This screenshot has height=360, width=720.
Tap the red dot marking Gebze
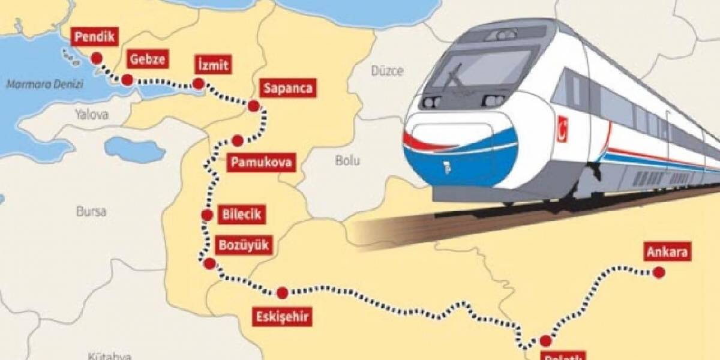[127, 80]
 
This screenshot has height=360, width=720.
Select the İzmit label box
[212, 65]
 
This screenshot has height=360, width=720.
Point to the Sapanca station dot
[253, 107]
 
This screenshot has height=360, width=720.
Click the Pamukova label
[262, 162]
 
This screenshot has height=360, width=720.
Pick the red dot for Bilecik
[208, 215]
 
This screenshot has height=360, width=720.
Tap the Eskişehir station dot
[282, 293]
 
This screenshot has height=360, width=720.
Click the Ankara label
[667, 252]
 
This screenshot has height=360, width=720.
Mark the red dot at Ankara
[659, 273]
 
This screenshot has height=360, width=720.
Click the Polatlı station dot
[545, 341]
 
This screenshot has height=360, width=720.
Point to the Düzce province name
[386, 71]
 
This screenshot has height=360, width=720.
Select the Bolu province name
[347, 160]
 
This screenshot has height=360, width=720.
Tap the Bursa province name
[91, 211]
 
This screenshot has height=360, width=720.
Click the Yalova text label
[91, 113]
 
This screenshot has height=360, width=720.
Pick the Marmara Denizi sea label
[36, 85]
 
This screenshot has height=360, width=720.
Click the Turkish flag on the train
[563, 129]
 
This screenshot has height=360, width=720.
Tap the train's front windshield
[480, 69]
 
